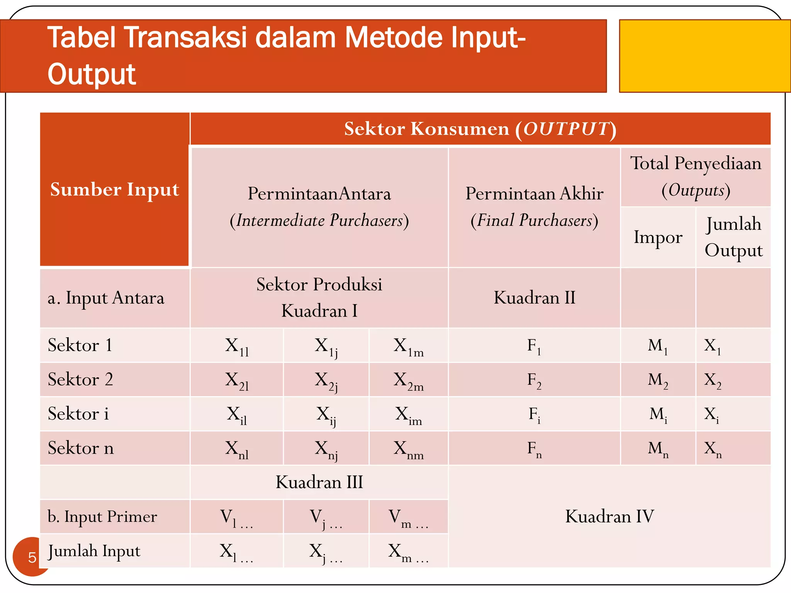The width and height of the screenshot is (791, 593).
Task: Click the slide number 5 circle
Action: tap(31, 557)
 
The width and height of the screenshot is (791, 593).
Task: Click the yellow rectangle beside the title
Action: tap(704, 56)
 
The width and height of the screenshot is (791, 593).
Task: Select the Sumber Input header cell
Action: tap(115, 190)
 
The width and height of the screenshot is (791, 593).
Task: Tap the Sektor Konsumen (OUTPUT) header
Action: tap(480, 129)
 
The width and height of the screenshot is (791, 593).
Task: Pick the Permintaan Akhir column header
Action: tap(534, 207)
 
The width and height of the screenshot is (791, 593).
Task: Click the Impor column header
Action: tap(658, 237)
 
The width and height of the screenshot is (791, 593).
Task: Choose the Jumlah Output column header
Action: tap(733, 237)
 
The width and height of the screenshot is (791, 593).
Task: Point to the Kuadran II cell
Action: tap(534, 298)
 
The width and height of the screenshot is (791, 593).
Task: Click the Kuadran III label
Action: tap(319, 482)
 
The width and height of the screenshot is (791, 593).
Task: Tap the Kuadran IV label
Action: tap(609, 516)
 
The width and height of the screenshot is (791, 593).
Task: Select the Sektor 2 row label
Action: tap(80, 380)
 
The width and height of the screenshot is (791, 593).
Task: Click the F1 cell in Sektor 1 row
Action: tap(534, 346)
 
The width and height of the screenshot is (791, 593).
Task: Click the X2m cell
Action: tap(408, 380)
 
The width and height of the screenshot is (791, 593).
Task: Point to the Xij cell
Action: tap(326, 415)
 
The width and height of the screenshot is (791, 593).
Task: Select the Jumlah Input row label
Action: tap(94, 551)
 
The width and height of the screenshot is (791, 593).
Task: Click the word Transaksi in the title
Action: tap(185, 37)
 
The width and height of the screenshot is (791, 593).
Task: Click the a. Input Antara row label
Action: tap(106, 298)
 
